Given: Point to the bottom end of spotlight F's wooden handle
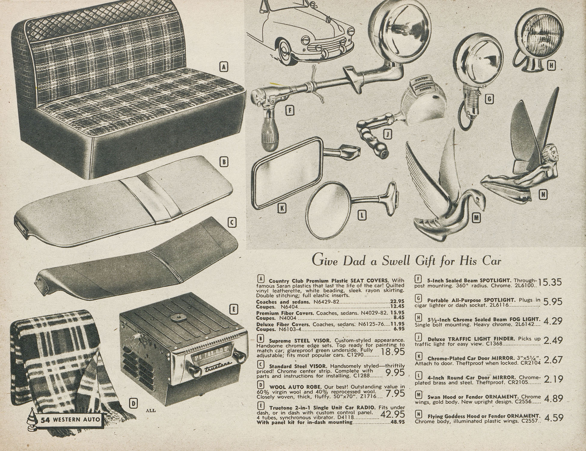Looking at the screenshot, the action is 270,148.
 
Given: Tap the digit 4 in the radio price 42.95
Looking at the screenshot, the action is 384,414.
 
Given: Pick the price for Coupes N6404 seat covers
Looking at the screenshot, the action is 397,306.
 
